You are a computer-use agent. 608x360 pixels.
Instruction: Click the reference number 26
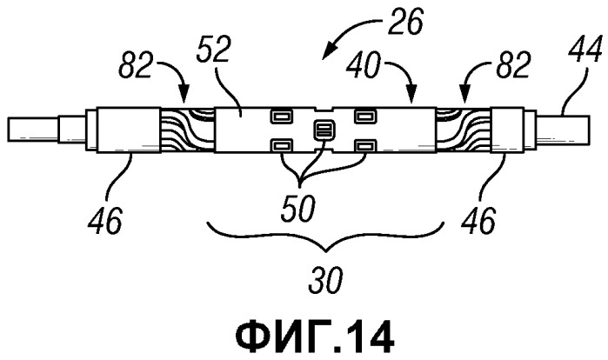405,21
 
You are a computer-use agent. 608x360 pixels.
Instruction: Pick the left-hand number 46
105,220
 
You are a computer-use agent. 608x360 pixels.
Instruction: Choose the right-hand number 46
478,220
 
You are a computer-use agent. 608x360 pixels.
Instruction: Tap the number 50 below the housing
298,208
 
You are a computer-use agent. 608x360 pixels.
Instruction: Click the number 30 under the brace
325,280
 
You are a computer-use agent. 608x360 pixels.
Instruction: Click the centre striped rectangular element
323,130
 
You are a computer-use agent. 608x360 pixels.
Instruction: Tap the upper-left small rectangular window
281,116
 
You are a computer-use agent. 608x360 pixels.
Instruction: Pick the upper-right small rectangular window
364,116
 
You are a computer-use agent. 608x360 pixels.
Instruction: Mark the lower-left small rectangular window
281,146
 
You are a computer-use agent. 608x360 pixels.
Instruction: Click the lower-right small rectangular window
364,146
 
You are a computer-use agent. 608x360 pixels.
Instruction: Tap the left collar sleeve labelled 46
128,130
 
